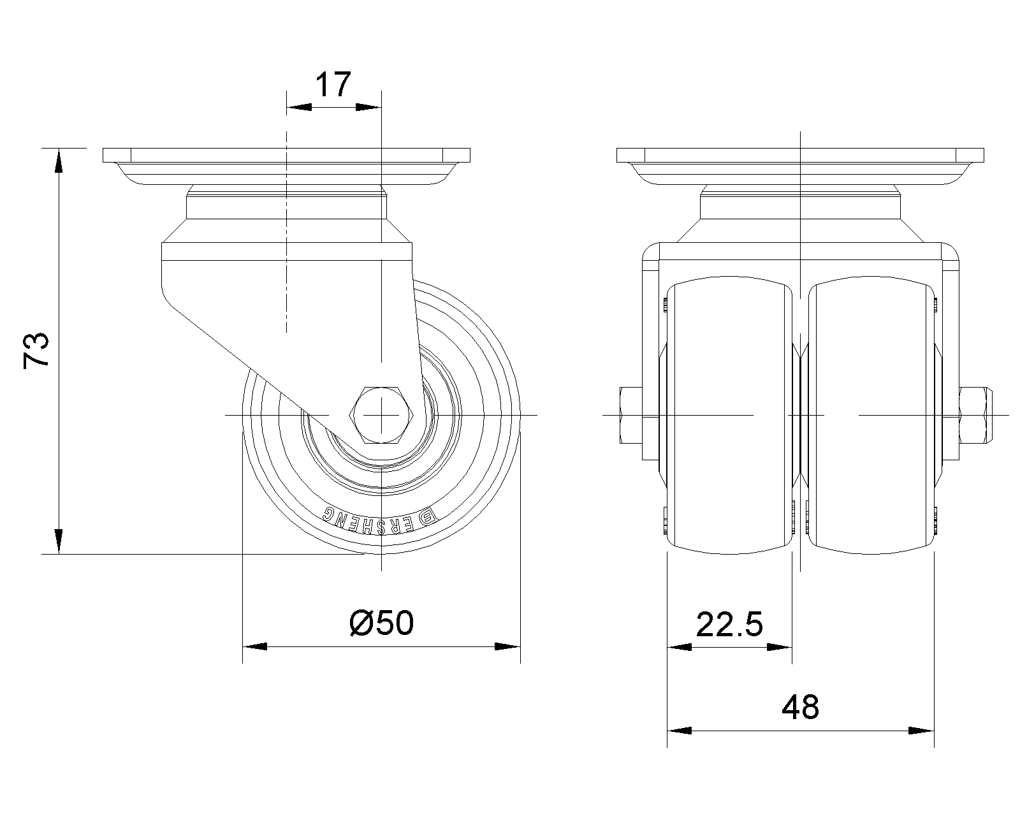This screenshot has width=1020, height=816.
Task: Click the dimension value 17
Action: (333, 84)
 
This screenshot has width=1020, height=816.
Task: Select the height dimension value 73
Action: (36, 350)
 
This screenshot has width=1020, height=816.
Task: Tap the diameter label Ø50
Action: (382, 623)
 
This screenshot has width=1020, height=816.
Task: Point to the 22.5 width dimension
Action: (729, 624)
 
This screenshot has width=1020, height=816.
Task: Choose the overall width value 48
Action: (800, 708)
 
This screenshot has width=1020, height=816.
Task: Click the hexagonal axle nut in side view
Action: (382, 415)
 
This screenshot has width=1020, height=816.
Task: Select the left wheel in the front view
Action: (729, 415)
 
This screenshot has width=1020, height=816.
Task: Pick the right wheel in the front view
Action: (871, 415)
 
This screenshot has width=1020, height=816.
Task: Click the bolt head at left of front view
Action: (631, 415)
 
